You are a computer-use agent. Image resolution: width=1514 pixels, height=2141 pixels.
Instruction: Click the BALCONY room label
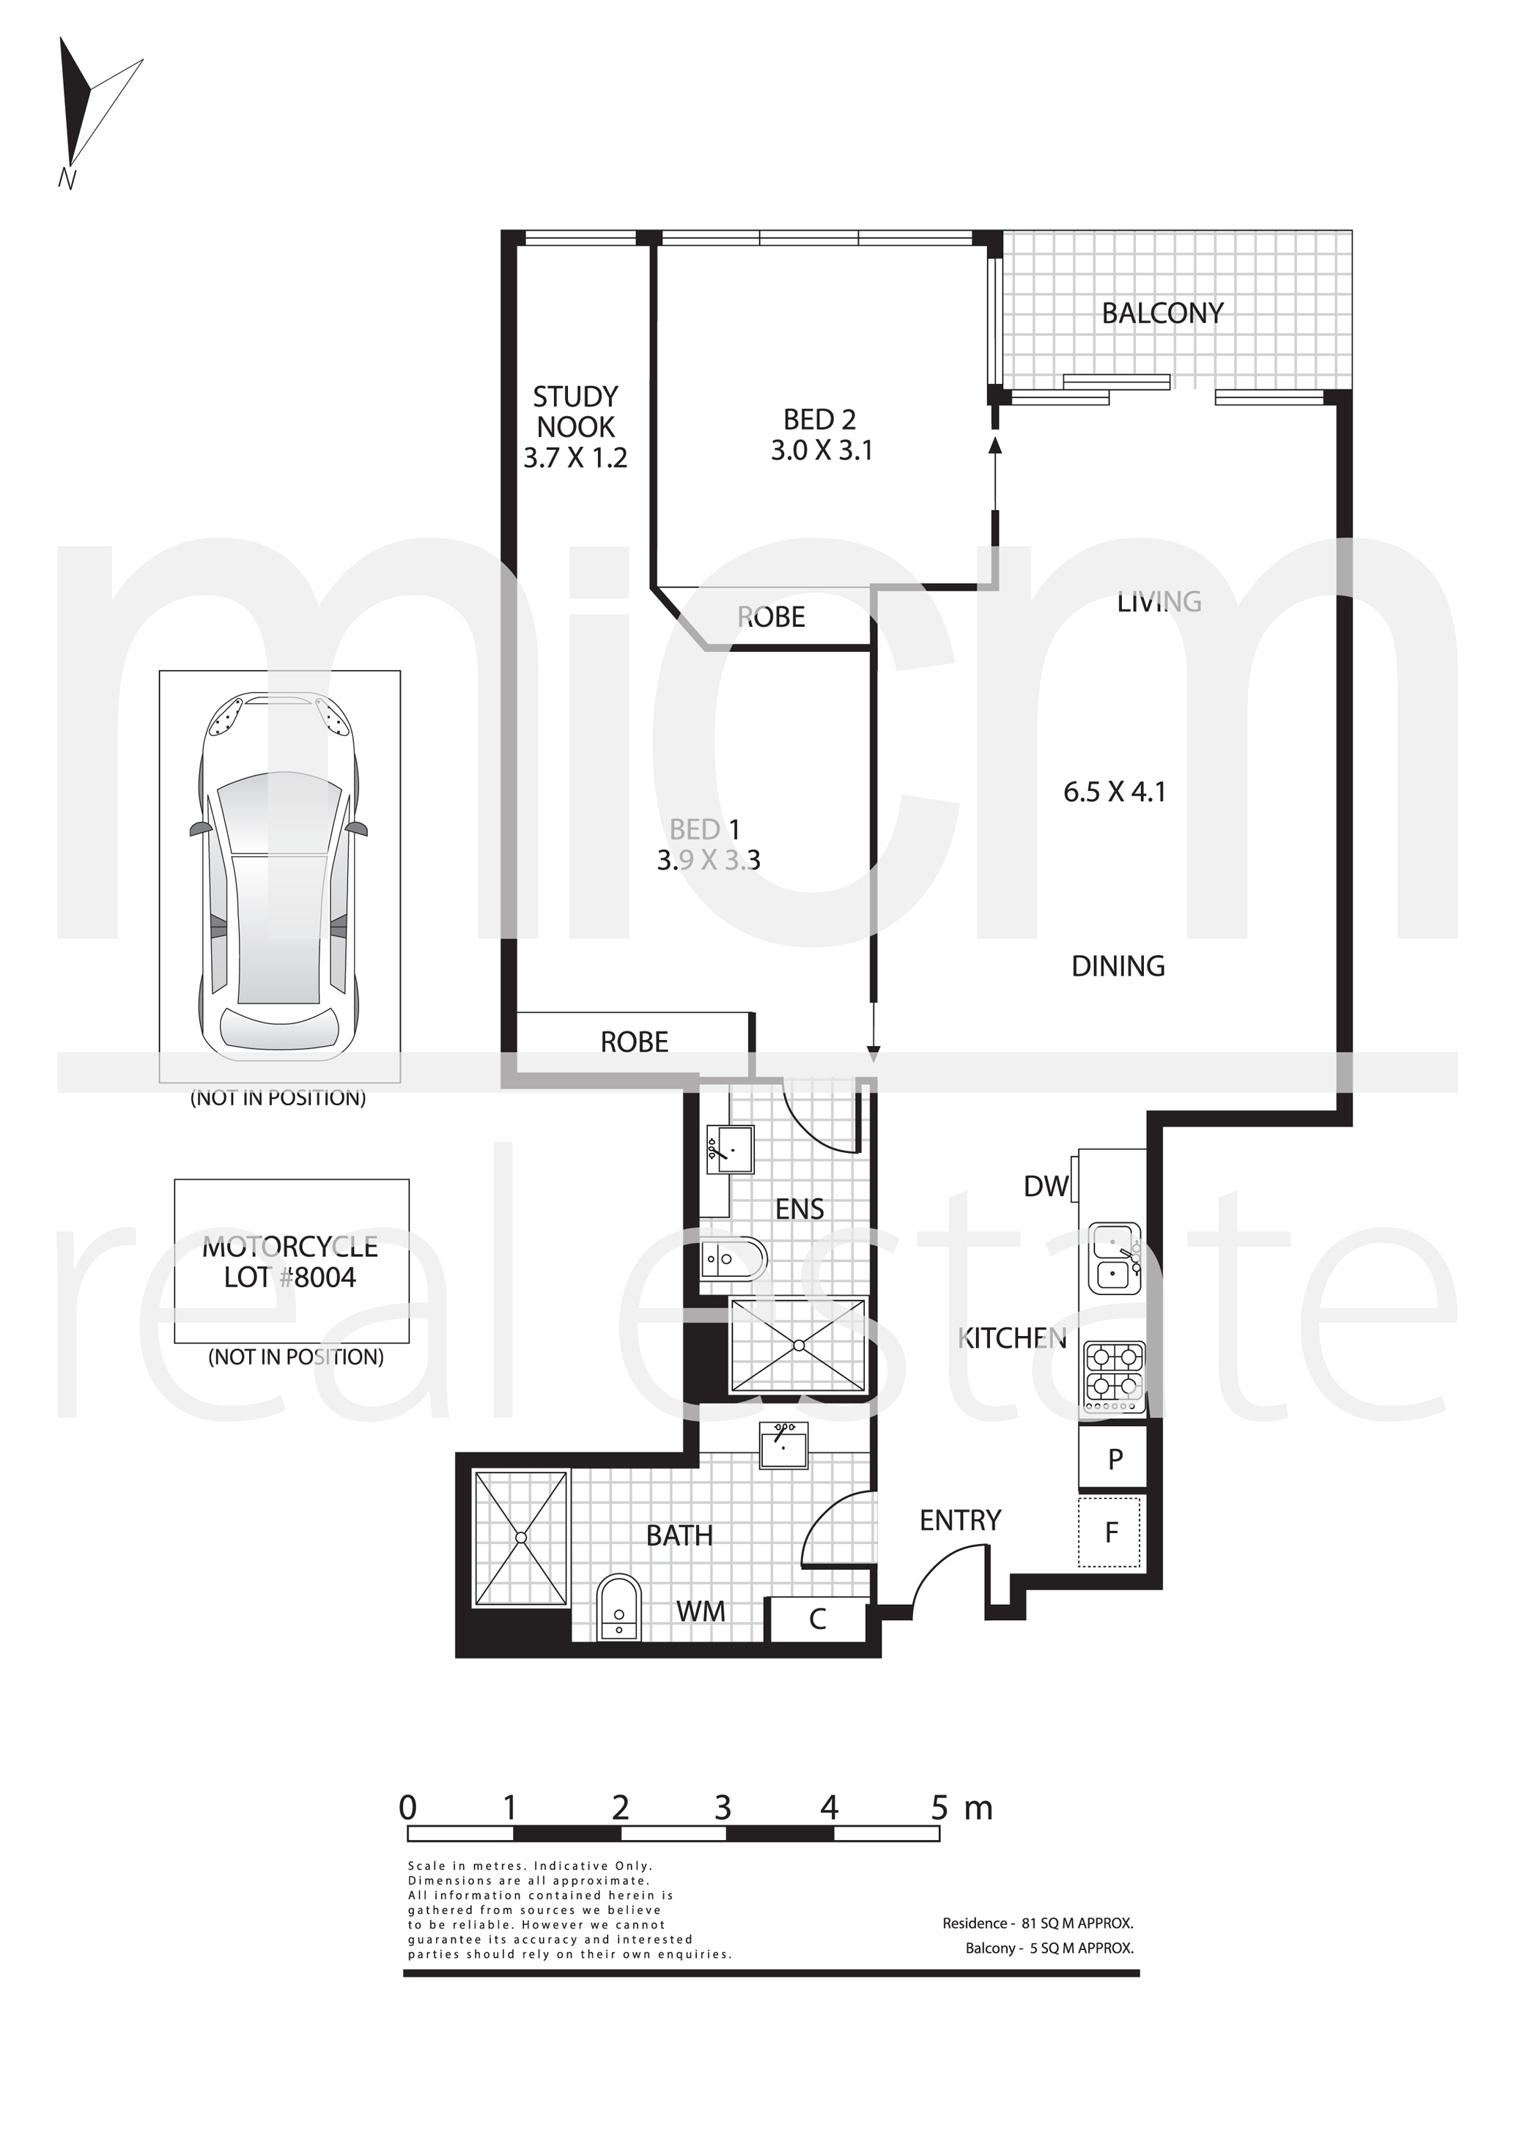(1162, 313)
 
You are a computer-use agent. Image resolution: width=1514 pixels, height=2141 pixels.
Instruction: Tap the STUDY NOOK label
(575, 412)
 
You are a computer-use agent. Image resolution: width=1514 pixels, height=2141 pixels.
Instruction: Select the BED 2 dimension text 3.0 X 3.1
(821, 450)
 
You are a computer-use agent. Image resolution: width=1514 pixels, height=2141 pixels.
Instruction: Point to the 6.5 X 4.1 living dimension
(1115, 792)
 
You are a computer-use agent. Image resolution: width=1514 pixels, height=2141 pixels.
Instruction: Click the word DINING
(1118, 966)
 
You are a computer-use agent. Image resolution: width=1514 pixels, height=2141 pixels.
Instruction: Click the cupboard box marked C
(818, 1619)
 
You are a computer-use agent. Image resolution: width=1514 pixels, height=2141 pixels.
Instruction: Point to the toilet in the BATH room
(618, 1606)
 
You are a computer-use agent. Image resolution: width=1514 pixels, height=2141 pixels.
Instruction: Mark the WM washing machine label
(701, 1611)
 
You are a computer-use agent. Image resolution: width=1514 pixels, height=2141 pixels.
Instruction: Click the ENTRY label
(960, 1521)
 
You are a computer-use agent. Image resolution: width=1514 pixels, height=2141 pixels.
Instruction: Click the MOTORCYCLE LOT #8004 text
(290, 1261)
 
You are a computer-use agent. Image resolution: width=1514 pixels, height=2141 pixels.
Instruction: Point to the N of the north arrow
(66, 178)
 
